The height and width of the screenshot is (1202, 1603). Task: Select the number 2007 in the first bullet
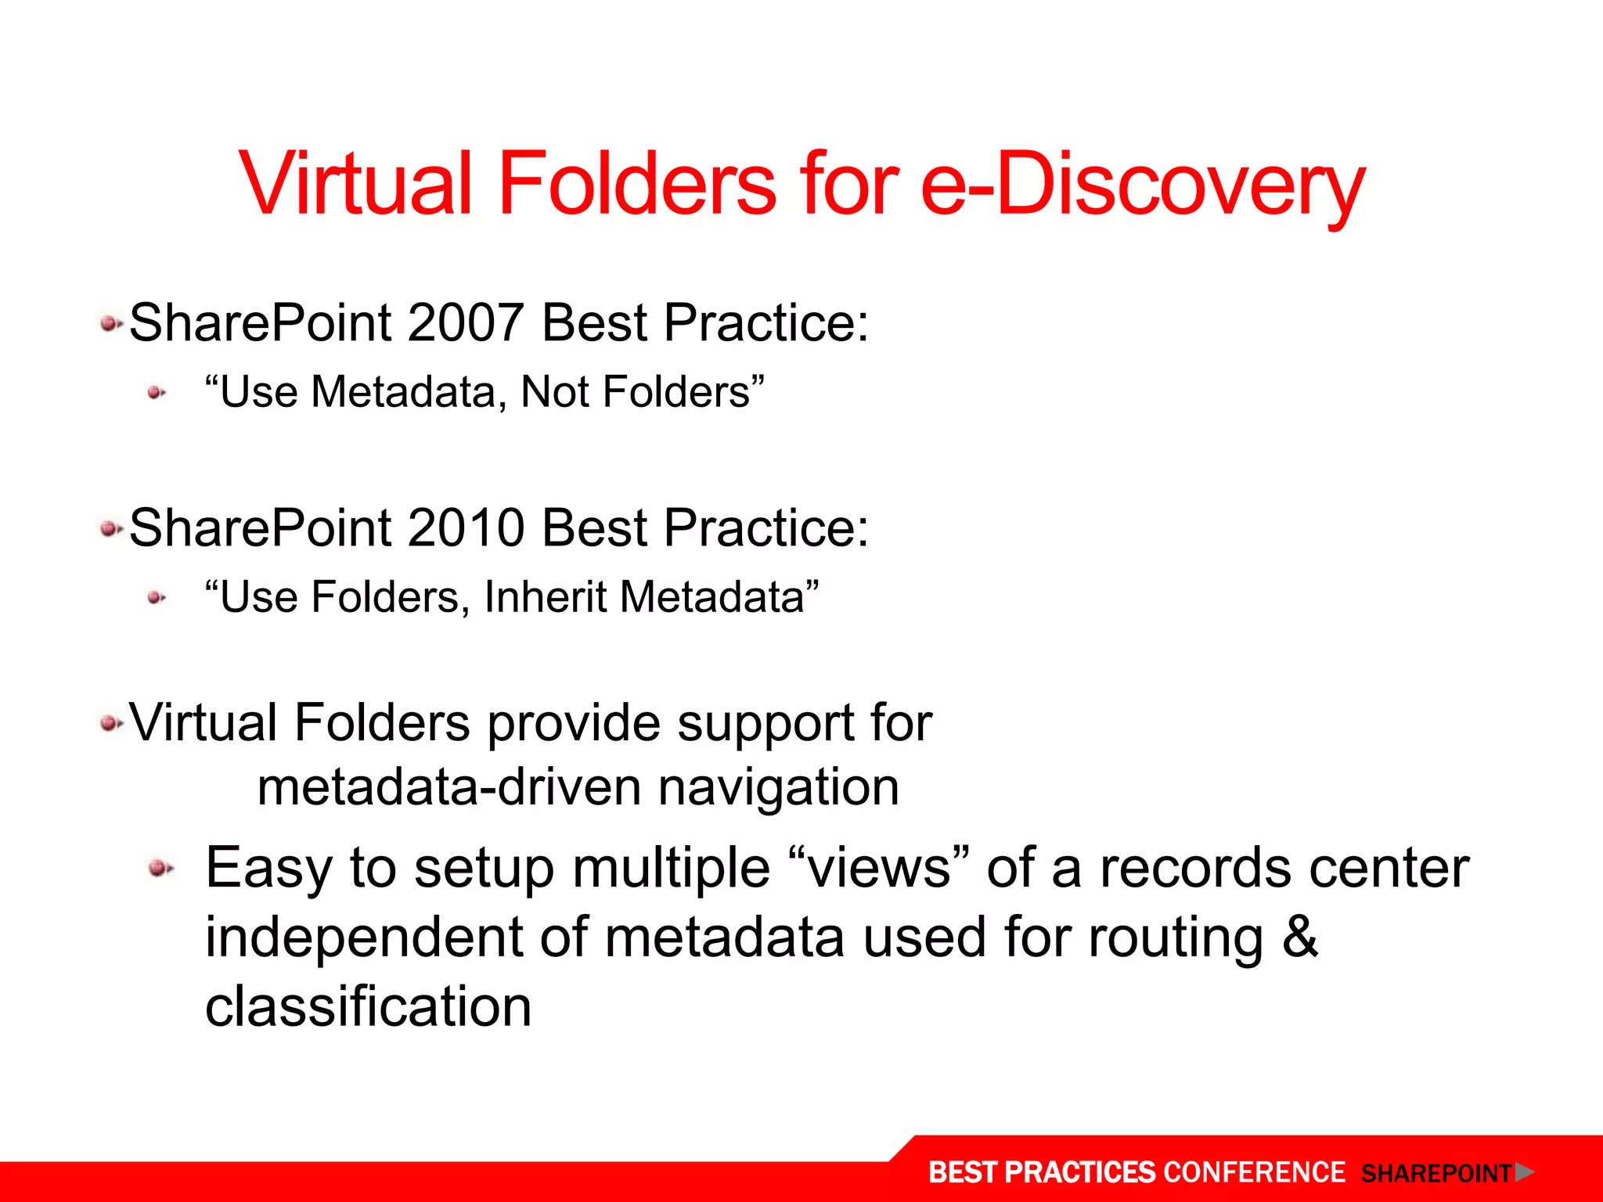pyautogui.click(x=465, y=322)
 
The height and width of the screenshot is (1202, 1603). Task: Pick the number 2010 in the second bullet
pyautogui.click(x=465, y=527)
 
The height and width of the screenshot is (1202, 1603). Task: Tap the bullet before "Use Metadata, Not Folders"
pyautogui.click(x=157, y=393)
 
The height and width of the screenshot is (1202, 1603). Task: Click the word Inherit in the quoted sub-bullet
pyautogui.click(x=546, y=597)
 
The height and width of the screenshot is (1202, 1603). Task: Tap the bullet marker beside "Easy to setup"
pyautogui.click(x=161, y=868)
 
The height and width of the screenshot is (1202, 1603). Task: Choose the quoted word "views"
pyautogui.click(x=879, y=868)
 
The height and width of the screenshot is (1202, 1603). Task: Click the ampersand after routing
pyautogui.click(x=1300, y=937)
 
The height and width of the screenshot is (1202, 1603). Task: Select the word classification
pyautogui.click(x=368, y=1006)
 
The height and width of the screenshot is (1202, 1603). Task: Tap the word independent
pyautogui.click(x=363, y=937)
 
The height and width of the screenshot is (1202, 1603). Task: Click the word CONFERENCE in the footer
pyautogui.click(x=1254, y=1172)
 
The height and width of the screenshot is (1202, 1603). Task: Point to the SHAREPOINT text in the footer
pyautogui.click(x=1435, y=1173)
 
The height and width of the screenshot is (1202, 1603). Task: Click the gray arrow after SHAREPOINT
pyautogui.click(x=1524, y=1171)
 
